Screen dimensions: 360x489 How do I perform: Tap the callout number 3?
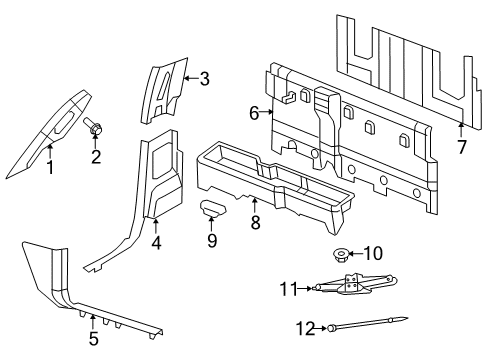pos(204,78)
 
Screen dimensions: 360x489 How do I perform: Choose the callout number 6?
pos(254,112)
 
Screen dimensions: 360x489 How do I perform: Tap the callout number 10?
pos(376,252)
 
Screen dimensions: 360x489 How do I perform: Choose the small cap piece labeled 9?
pos(212,209)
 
